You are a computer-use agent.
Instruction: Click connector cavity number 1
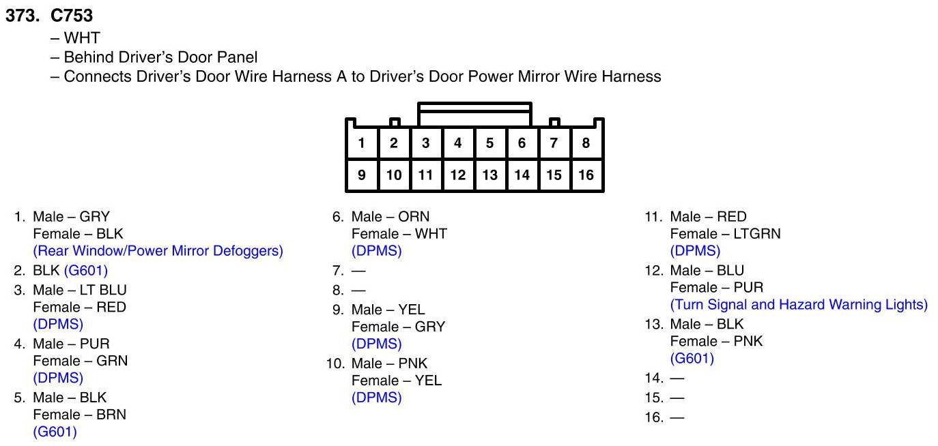click(361, 143)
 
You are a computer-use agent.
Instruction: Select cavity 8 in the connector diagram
click(586, 143)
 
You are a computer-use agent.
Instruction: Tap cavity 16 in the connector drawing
click(586, 175)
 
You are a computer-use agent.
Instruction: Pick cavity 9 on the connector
click(361, 175)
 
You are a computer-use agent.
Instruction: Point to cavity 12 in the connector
click(457, 175)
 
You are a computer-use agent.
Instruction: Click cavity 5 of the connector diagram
click(489, 143)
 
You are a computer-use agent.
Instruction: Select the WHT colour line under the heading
click(81, 38)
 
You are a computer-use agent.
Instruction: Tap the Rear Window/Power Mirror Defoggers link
click(158, 251)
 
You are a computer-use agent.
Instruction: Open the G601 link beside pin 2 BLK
click(86, 271)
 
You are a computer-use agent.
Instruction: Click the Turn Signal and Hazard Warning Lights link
click(799, 305)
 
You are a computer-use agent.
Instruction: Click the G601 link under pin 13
click(692, 359)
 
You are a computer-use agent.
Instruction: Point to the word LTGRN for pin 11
click(756, 234)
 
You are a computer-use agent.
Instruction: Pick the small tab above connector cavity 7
click(554, 123)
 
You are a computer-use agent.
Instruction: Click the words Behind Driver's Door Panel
click(160, 57)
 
